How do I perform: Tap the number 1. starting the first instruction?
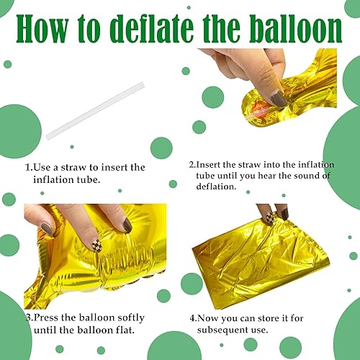(30, 167)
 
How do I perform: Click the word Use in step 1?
(43, 167)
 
